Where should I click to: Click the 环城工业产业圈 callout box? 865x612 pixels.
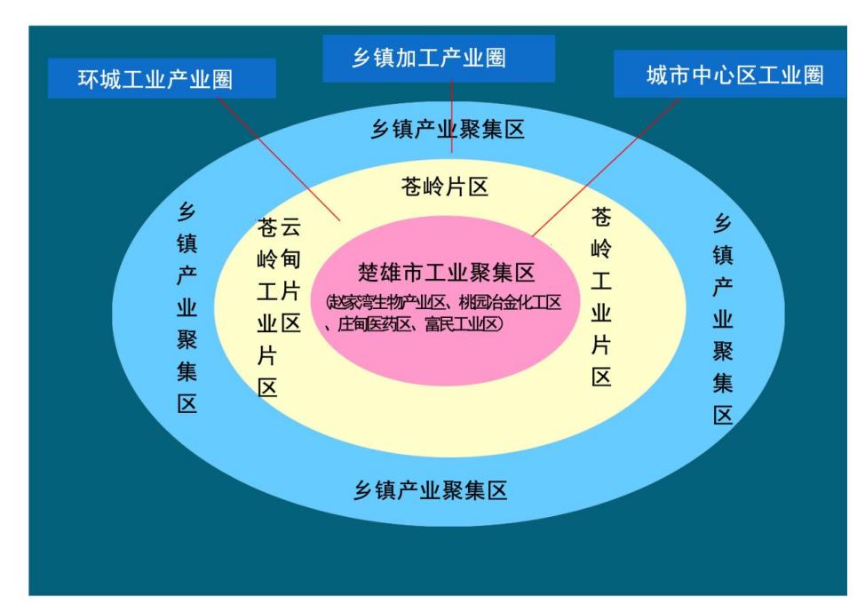(162, 78)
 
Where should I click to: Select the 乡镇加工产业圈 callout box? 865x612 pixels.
(439, 59)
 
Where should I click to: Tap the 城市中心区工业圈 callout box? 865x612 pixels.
(730, 74)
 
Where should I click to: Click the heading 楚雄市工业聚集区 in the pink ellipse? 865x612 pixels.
(447, 273)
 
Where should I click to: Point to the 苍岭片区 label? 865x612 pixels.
(445, 187)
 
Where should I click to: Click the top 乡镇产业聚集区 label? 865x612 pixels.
(448, 130)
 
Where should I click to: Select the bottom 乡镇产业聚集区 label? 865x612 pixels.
(431, 490)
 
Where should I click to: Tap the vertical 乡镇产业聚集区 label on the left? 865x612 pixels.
(187, 308)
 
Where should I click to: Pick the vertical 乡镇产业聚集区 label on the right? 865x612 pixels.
(723, 319)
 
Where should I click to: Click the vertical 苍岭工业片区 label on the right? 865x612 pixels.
(601, 297)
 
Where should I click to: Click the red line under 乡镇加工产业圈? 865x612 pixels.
(452, 117)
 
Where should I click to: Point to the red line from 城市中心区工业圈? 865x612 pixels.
(607, 167)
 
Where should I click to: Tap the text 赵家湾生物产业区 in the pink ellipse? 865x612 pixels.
(385, 302)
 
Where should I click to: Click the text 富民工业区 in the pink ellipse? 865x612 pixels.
(464, 323)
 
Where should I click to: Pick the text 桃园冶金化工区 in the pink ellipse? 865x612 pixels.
(510, 302)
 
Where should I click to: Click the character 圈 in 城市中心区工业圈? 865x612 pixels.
(813, 75)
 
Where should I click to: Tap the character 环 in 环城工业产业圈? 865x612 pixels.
(88, 79)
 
